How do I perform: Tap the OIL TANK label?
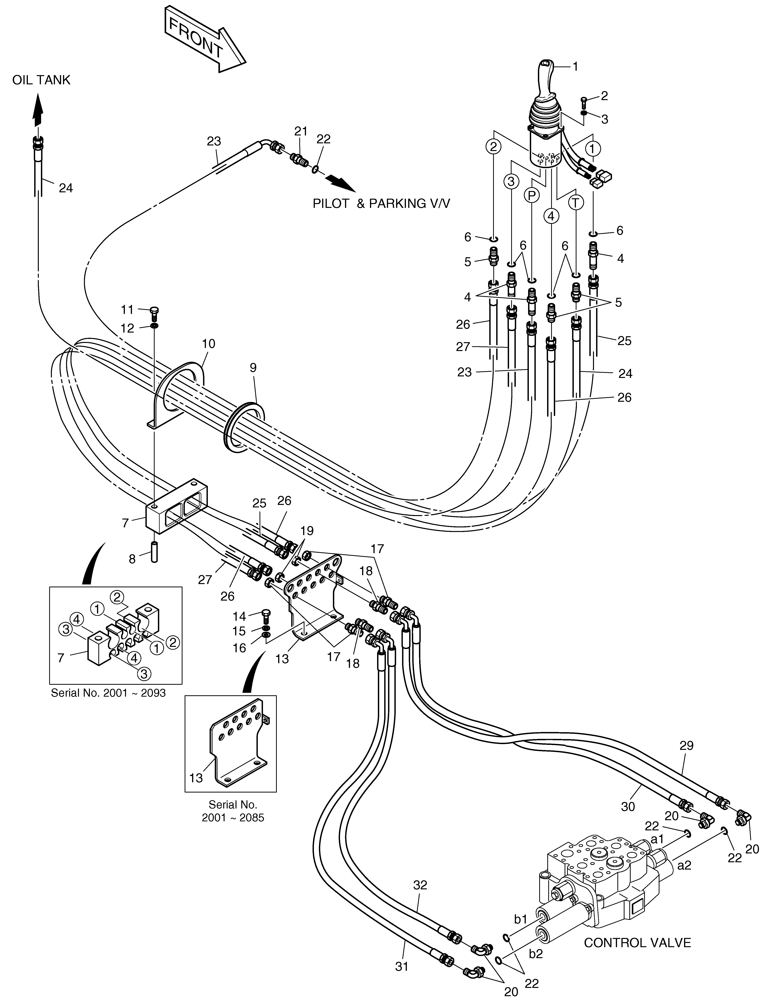(x=41, y=80)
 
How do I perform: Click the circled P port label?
(x=531, y=196)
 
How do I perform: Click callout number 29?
(x=686, y=745)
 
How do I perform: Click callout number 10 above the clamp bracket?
(x=208, y=343)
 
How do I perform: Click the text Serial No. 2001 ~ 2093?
(x=108, y=693)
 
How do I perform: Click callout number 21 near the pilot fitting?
(x=301, y=131)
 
